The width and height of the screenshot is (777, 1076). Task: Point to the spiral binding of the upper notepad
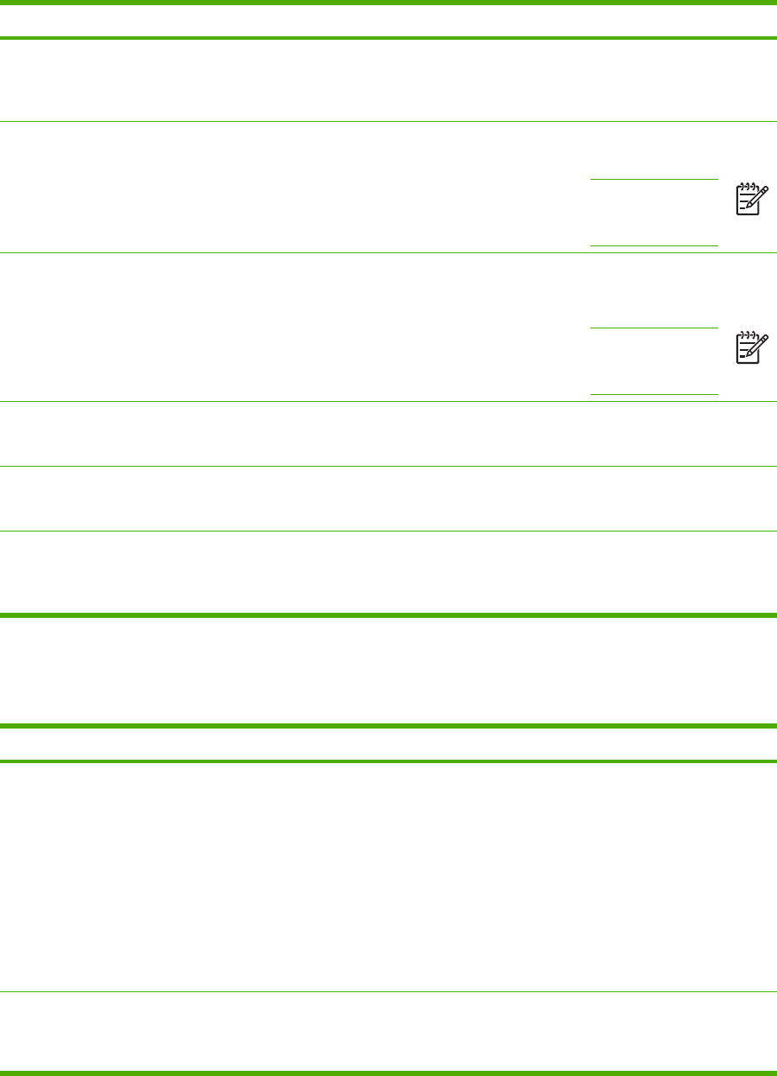click(x=746, y=185)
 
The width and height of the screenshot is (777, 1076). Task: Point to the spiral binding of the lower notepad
click(x=746, y=334)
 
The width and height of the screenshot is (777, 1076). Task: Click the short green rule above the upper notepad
click(x=654, y=179)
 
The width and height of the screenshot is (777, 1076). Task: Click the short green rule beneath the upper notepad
click(x=654, y=245)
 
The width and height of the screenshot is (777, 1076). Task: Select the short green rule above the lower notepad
click(x=654, y=328)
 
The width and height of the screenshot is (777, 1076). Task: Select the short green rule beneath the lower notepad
click(x=654, y=394)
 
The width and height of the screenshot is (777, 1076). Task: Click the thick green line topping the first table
click(x=388, y=2)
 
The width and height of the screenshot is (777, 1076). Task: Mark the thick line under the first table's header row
click(x=388, y=38)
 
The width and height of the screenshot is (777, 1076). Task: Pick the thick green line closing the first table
click(x=388, y=615)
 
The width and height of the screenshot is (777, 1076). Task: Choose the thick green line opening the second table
click(x=388, y=726)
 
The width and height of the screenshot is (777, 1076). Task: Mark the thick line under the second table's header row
click(x=388, y=761)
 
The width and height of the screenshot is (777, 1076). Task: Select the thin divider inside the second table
click(x=388, y=990)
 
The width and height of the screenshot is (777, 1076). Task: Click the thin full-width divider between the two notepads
click(x=388, y=252)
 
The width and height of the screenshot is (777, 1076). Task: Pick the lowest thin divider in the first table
click(x=388, y=532)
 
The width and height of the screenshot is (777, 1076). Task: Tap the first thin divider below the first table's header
click(x=388, y=121)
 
